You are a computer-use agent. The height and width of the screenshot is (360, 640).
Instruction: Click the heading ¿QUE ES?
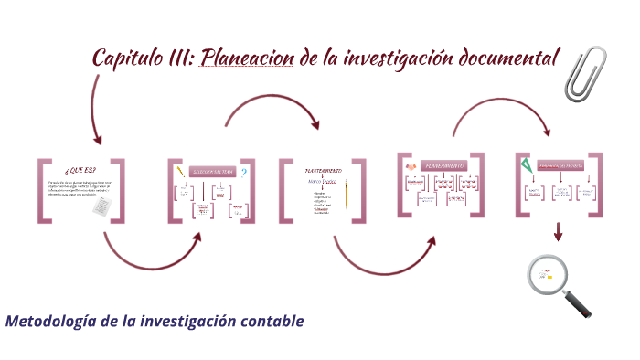pyautogui.click(x=80, y=171)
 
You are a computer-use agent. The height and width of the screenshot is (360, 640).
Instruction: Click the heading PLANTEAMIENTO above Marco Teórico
pyautogui.click(x=324, y=170)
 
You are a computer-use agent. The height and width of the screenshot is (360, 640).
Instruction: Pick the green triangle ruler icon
pyautogui.click(x=528, y=166)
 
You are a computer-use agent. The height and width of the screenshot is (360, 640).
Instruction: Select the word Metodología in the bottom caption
pyautogui.click(x=51, y=322)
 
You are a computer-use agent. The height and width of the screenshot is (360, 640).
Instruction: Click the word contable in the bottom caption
pyautogui.click(x=271, y=322)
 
